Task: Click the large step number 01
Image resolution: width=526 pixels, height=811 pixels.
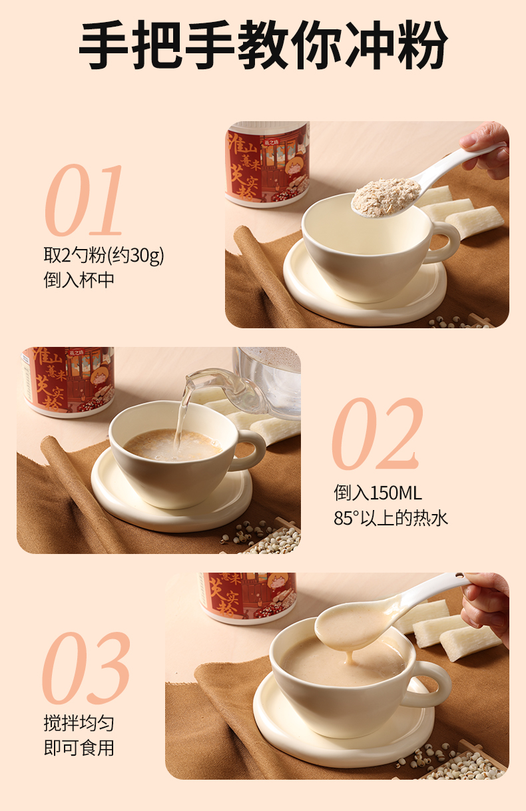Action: coord(84,200)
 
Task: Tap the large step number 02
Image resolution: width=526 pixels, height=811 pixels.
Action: coord(378,433)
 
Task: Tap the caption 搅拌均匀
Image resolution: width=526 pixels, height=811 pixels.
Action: coord(79,724)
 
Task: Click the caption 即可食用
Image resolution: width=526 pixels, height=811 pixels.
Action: coord(79,748)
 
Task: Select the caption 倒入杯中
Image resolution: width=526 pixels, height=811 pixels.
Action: coord(79,280)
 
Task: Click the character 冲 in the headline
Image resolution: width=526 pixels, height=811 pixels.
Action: coord(369,45)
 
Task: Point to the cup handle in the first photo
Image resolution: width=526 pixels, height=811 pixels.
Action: coord(445,242)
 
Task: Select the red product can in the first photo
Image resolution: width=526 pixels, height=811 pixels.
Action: coord(267,164)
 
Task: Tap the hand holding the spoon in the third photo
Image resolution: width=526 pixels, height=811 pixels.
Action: coord(487,609)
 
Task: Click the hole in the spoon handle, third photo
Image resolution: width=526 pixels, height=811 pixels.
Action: coord(459,575)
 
